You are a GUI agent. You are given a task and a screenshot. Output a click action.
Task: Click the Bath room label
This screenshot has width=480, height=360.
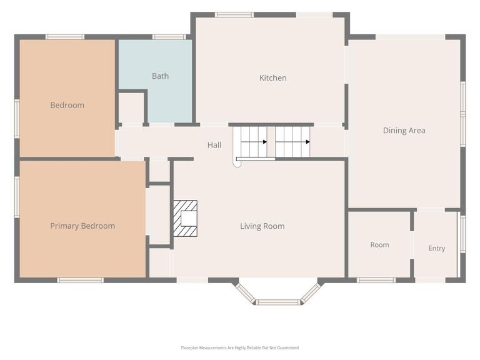pyautogui.click(x=160, y=76)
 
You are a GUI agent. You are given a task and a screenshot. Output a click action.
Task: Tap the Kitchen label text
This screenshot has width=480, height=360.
pyautogui.click(x=272, y=78)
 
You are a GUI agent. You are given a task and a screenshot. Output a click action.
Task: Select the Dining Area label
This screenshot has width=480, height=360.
pyautogui.click(x=404, y=131)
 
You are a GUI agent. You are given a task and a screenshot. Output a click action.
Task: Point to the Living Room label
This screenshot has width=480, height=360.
pyautogui.click(x=262, y=226)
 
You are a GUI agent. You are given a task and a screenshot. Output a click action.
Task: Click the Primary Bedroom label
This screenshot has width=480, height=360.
pyautogui.click(x=82, y=226)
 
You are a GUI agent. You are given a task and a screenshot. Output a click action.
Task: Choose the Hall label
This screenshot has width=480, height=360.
pyautogui.click(x=214, y=145)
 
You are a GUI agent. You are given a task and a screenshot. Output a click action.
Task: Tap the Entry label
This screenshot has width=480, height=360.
pyautogui.click(x=437, y=248)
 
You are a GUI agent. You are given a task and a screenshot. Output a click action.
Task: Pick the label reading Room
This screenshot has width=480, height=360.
pyautogui.click(x=379, y=245)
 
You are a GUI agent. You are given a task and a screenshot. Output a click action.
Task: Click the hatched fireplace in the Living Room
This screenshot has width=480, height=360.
pyautogui.click(x=185, y=219)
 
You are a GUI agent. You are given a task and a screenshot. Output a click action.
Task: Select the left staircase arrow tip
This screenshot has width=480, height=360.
pyautogui.click(x=266, y=142)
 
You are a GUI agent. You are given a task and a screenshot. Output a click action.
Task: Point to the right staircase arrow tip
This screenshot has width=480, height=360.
pyautogui.click(x=309, y=142)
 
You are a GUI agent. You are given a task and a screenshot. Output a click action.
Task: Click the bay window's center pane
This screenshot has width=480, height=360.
pyautogui.click(x=278, y=302)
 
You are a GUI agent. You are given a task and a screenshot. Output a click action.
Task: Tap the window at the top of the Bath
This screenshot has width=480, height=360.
pyautogui.click(x=169, y=37)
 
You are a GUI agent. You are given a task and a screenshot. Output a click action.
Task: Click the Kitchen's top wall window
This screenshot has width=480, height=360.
pyautogui.click(x=234, y=15)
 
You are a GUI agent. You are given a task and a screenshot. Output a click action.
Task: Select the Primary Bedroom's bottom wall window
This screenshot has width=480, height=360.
pyautogui.click(x=81, y=280)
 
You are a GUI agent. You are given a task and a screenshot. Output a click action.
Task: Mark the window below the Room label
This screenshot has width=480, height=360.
pyautogui.click(x=376, y=280)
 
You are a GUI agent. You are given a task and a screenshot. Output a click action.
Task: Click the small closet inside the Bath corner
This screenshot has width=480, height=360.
pyautogui.click(x=131, y=107)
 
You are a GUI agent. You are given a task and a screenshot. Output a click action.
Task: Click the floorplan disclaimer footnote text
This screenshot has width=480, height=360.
pyautogui.click(x=240, y=347)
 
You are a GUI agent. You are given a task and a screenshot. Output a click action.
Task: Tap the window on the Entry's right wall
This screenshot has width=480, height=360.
pyautogui.click(x=463, y=234)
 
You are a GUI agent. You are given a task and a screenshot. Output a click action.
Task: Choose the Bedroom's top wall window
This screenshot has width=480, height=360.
pyautogui.click(x=65, y=37)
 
